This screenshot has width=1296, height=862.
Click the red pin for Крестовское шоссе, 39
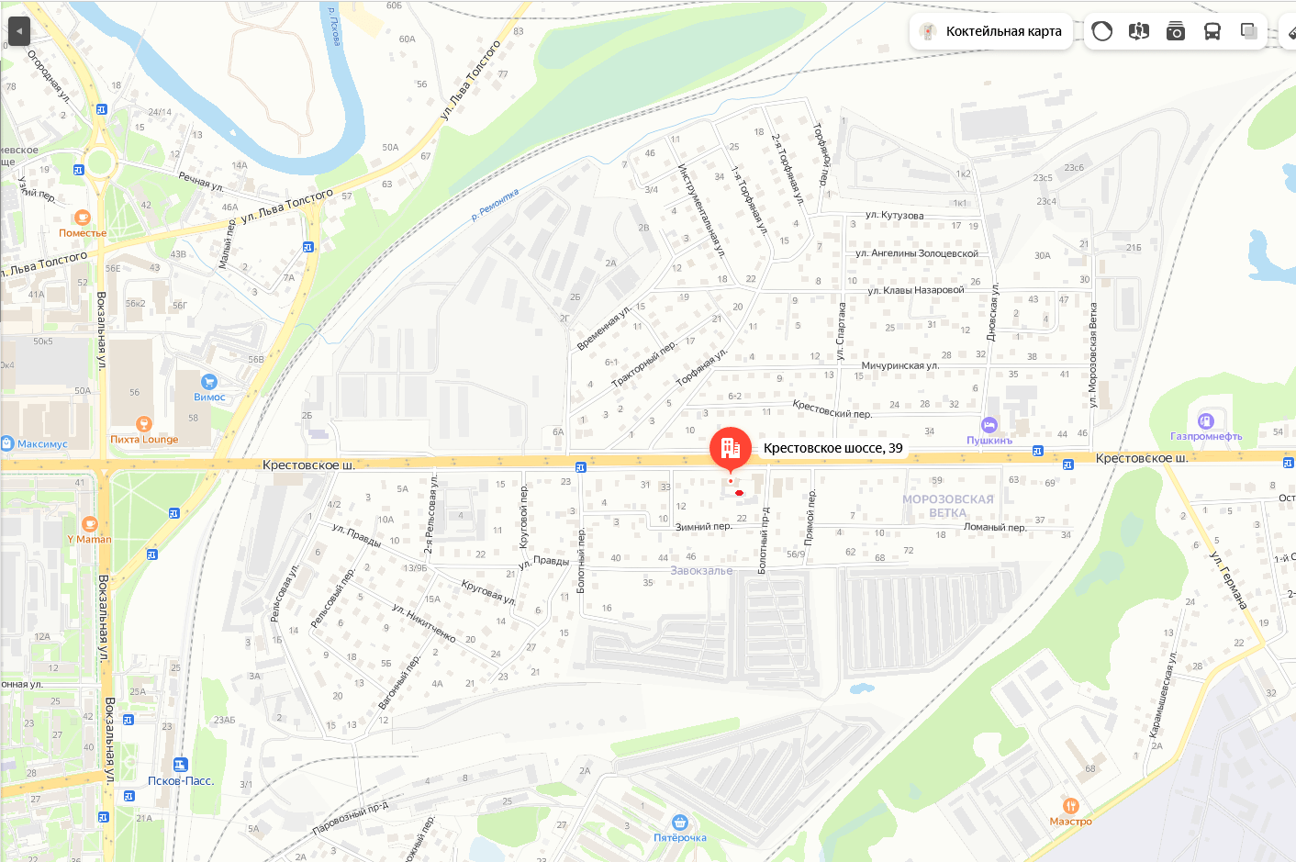pyautogui.click(x=731, y=448)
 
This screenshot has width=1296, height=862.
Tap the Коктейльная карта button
pyautogui.click(x=991, y=31)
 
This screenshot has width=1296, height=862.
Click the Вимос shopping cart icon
pyautogui.click(x=209, y=382)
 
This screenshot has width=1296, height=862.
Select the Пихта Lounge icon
pyautogui.click(x=143, y=424)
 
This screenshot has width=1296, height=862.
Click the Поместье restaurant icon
pyautogui.click(x=83, y=218)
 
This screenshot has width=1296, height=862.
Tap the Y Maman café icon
pyautogui.click(x=89, y=524)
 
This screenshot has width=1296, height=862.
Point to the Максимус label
pyautogui.click(x=42, y=444)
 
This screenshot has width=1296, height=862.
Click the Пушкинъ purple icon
pyautogui.click(x=989, y=425)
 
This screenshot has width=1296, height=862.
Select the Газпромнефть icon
pyautogui.click(x=1206, y=421)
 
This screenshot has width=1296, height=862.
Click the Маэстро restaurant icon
pyautogui.click(x=1070, y=807)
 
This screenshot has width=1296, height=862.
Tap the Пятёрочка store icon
pyautogui.click(x=679, y=823)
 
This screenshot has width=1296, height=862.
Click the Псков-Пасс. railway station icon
pyautogui.click(x=180, y=765)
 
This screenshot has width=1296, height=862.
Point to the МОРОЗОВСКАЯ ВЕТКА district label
pyautogui.click(x=947, y=506)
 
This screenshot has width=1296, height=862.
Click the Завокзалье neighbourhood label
pyautogui.click(x=701, y=571)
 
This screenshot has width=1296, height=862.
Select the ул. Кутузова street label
pyautogui.click(x=894, y=216)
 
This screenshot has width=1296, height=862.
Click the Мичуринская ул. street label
pyautogui.click(x=899, y=365)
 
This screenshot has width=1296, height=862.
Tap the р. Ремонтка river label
pyautogui.click(x=495, y=205)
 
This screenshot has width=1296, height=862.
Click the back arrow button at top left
pyautogui.click(x=19, y=31)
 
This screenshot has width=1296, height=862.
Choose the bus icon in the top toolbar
pyautogui.click(x=1212, y=31)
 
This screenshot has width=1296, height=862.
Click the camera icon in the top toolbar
pyautogui.click(x=1175, y=31)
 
